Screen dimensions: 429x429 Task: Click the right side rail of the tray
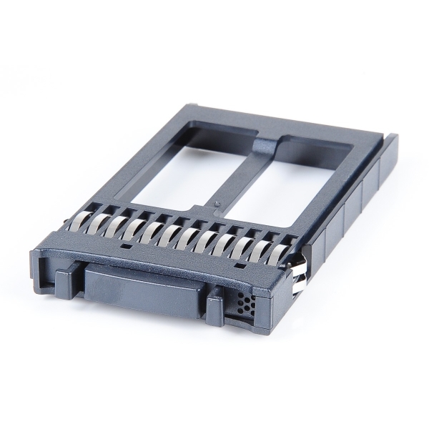coord(350,207)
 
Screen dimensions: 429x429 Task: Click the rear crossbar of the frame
coord(286,124)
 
